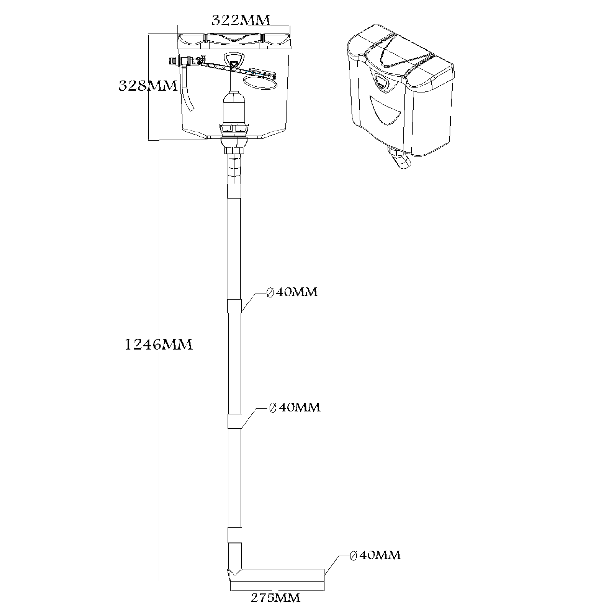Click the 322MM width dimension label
click(x=241, y=20)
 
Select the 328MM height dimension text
click(x=148, y=86)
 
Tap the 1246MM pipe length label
click(x=158, y=344)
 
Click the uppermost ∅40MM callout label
click(x=292, y=292)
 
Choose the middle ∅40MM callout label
click(x=295, y=407)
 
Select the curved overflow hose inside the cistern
click(x=188, y=92)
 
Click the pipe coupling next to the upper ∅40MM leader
click(x=234, y=306)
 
